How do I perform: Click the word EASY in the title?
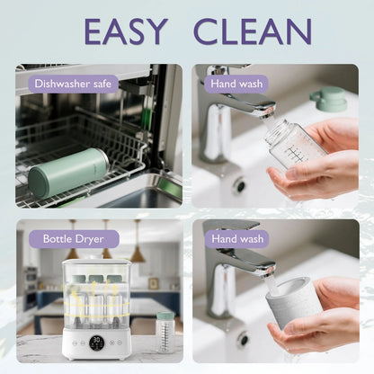126,31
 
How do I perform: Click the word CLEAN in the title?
254,31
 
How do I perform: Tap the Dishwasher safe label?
73,84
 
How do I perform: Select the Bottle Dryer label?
74,239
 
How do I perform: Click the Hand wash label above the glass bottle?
236,84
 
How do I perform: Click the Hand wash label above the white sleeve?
237,239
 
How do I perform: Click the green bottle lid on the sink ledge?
328,98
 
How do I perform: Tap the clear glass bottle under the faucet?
294,144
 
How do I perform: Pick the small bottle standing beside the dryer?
165,332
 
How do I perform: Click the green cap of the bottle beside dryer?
165,316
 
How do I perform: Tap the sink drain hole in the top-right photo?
241,186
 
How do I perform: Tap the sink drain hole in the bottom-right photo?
243,339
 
